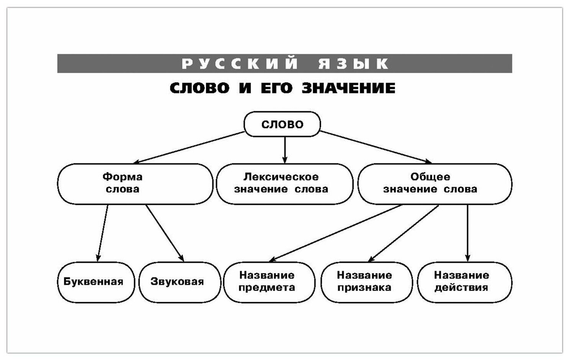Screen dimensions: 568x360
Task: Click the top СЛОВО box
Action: click(x=282, y=124)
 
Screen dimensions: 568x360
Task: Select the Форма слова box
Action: click(x=135, y=183)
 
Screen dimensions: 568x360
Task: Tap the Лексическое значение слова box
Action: click(x=284, y=183)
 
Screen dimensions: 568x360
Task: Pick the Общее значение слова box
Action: click(x=434, y=183)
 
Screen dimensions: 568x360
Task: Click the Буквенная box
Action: click(x=96, y=282)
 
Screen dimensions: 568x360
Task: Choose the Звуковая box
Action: click(x=180, y=282)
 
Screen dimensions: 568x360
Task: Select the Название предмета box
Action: click(x=269, y=282)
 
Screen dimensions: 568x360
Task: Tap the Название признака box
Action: click(x=366, y=282)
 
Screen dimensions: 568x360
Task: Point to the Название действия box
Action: click(x=464, y=282)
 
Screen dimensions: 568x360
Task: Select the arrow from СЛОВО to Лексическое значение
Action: click(x=285, y=150)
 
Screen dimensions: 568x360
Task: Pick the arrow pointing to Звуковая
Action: click(x=165, y=233)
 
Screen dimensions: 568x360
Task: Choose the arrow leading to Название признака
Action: click(x=403, y=233)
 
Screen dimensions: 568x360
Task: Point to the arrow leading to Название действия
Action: click(x=467, y=233)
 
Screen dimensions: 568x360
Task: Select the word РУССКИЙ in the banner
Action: click(x=240, y=64)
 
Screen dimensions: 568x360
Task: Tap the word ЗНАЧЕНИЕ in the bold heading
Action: click(x=348, y=88)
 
